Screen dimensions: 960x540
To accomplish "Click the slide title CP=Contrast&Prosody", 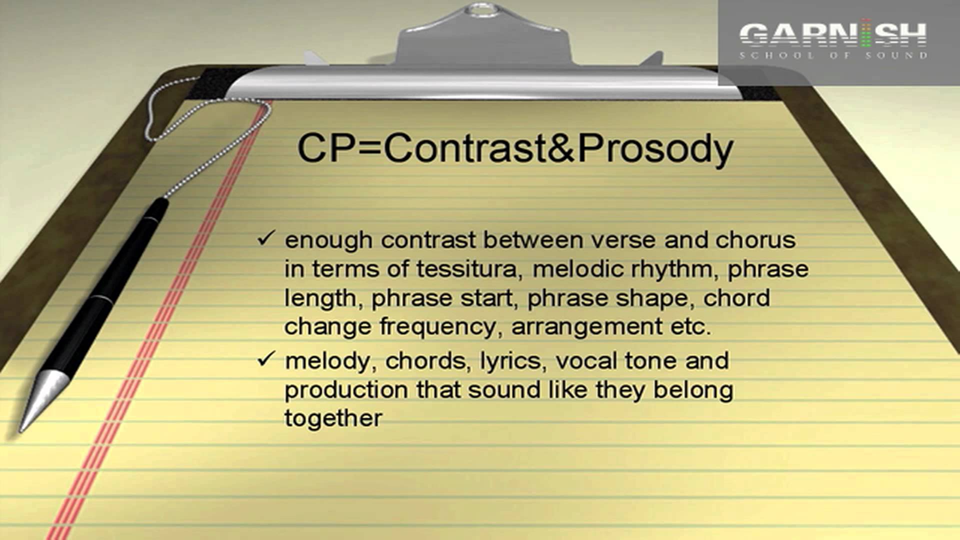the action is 515,149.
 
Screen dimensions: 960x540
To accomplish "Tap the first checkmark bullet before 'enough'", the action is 266,238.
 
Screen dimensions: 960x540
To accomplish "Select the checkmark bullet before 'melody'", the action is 266,358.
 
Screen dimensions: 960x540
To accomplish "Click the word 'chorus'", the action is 755,240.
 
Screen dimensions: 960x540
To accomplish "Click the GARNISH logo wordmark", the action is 833,34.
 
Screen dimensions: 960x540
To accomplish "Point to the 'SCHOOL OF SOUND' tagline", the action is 833,55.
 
